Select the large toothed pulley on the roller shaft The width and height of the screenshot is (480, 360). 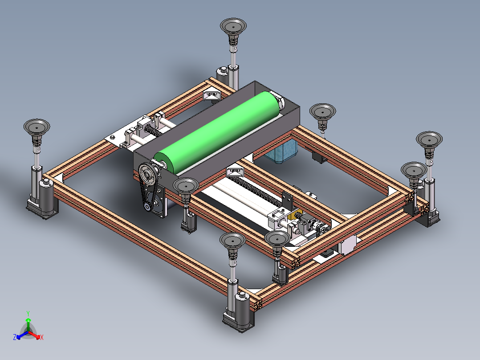[148, 174]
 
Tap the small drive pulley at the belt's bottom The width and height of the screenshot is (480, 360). [147, 207]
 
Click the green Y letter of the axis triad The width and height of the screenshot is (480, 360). [28, 313]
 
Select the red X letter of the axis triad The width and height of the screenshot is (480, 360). [42, 337]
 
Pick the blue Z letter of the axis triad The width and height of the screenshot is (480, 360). [15, 337]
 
